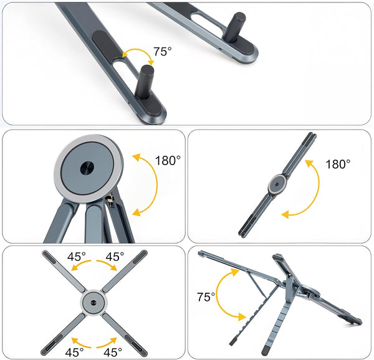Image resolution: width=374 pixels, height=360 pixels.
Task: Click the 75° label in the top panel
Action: (162, 52)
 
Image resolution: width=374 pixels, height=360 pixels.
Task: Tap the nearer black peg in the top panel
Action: (145, 82)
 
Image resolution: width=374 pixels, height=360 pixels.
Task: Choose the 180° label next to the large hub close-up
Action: (168, 161)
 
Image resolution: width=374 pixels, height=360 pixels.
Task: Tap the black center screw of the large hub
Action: (87, 168)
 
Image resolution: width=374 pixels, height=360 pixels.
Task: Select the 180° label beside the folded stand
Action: (338, 164)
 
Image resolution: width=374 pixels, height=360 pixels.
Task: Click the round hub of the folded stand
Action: (276, 184)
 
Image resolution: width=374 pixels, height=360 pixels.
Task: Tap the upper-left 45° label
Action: (76, 257)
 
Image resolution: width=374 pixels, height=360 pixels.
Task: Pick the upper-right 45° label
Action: (115, 257)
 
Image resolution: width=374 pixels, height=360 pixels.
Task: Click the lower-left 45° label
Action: (74, 352)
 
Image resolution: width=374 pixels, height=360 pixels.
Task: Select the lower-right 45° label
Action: (113, 352)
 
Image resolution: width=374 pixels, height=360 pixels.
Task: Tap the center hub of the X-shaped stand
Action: (93, 303)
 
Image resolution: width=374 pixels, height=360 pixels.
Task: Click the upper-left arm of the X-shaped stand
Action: (64, 271)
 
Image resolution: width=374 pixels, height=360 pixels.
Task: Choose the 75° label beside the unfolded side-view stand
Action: (206, 297)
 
